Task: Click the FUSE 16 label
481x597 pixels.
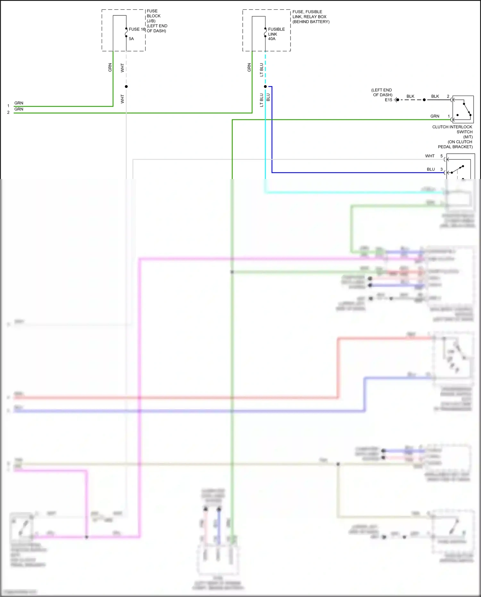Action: point(137,29)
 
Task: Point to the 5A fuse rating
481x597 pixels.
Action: point(131,39)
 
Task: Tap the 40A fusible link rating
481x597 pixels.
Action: point(272,39)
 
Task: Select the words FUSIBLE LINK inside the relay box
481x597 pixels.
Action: point(276,31)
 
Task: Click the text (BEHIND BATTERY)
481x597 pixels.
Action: point(311,22)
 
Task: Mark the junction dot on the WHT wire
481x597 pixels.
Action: point(126,87)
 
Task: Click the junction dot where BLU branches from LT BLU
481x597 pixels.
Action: point(265,87)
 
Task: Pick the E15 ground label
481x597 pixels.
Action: point(388,100)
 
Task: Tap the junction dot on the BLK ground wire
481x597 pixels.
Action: point(424,100)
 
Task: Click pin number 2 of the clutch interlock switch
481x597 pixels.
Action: point(448,96)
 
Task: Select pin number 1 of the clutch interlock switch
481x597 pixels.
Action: point(449,116)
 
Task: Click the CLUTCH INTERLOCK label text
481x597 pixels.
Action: point(452,127)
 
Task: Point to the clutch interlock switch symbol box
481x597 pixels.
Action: point(463,109)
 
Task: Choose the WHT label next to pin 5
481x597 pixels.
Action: point(430,156)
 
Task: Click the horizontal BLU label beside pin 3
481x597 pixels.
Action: point(431,169)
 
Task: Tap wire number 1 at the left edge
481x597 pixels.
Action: point(8,106)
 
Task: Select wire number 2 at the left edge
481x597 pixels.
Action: point(8,113)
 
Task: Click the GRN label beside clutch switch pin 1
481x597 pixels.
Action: point(435,116)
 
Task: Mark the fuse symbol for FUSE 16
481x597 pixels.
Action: point(126,32)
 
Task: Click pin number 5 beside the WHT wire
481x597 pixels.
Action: point(442,156)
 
